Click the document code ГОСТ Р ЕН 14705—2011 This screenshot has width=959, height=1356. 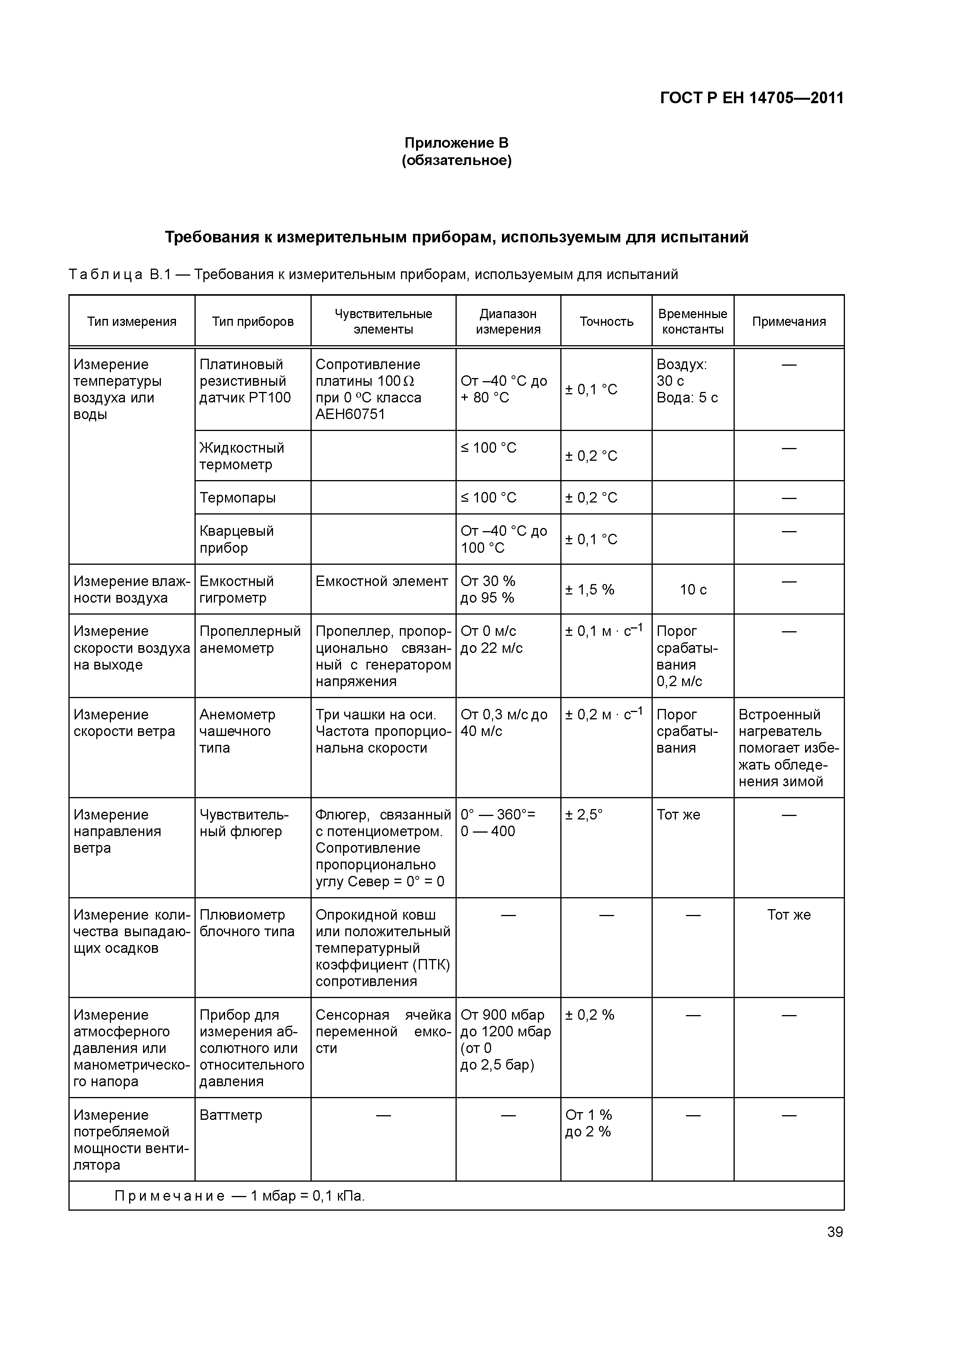pyautogui.click(x=752, y=98)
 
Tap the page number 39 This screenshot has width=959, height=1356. pyautogui.click(x=835, y=1232)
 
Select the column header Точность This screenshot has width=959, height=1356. pyautogui.click(x=606, y=321)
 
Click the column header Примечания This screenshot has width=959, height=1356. pyautogui.click(x=789, y=321)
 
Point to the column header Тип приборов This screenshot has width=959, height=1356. pyautogui.click(x=253, y=321)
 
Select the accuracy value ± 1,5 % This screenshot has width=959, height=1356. pyautogui.click(x=590, y=589)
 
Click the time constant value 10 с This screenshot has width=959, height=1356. pyautogui.click(x=693, y=589)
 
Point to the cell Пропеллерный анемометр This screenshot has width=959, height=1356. pyautogui.click(x=250, y=640)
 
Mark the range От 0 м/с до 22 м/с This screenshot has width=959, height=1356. pyautogui.click(x=491, y=640)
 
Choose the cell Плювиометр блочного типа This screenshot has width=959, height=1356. pyautogui.click(x=246, y=923)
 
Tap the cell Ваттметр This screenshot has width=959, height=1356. pyautogui.click(x=230, y=1115)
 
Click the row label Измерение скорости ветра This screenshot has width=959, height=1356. pyautogui.click(x=124, y=723)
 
